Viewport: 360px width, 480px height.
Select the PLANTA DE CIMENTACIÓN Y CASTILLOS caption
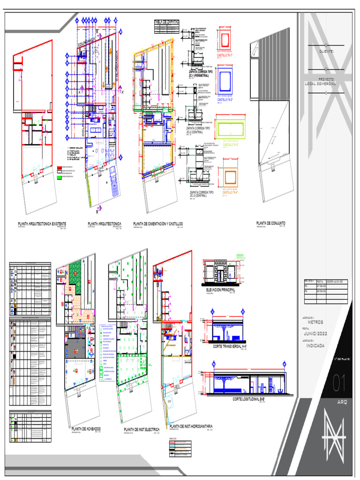(x=157, y=224)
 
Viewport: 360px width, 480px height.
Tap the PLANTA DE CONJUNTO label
(x=270, y=223)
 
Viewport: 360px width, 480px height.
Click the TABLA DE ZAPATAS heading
(x=166, y=22)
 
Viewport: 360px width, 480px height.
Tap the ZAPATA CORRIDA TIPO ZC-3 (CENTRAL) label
(x=202, y=194)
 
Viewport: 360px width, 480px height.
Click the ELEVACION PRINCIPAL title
(x=220, y=290)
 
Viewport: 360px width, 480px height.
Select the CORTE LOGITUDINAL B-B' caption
(x=249, y=399)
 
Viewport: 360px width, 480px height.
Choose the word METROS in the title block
(x=315, y=322)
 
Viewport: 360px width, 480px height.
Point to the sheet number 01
(x=339, y=384)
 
